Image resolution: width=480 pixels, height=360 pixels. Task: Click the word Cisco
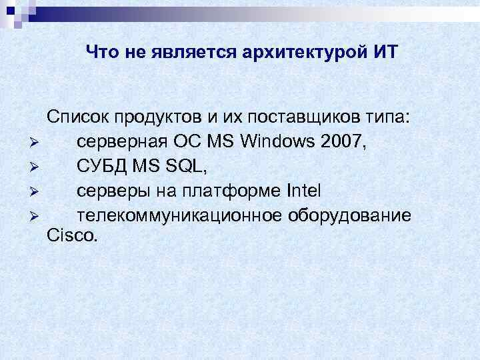(72, 235)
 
